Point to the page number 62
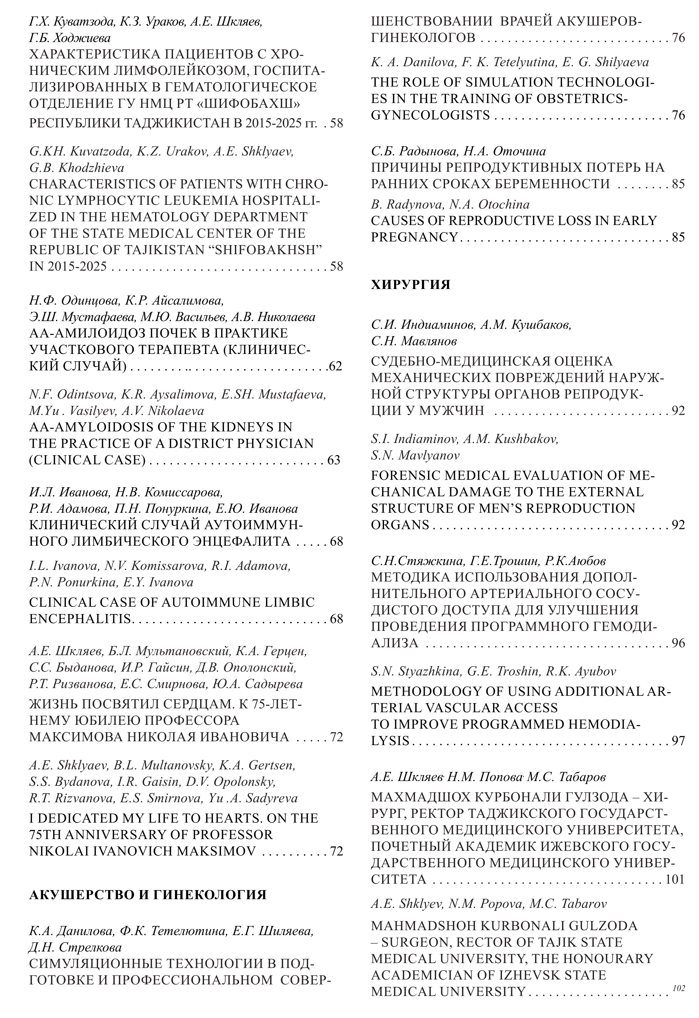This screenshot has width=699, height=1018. (x=335, y=366)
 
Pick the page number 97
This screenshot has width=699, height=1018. (x=678, y=741)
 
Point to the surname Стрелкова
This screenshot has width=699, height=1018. (x=88, y=947)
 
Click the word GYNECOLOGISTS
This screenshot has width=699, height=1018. (x=430, y=115)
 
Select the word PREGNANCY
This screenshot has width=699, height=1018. (x=414, y=237)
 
